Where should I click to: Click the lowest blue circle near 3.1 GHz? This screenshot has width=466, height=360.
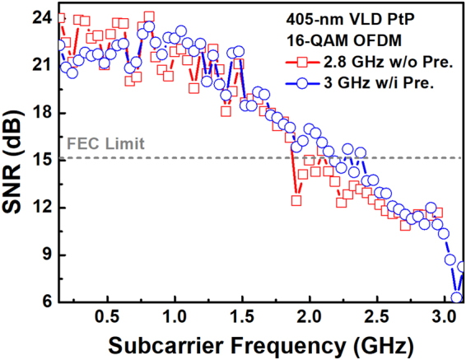click(x=457, y=297)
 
